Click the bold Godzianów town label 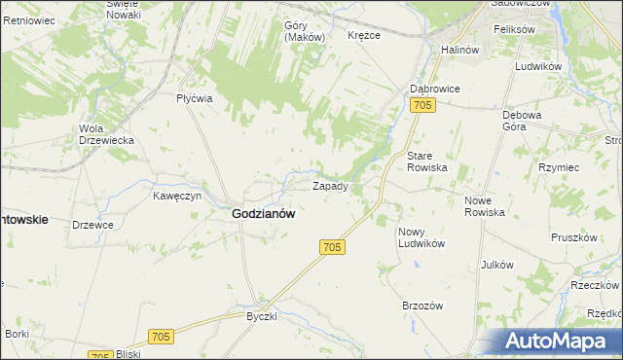[x=264, y=213]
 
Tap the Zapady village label [x=330, y=185]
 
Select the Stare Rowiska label [x=426, y=162]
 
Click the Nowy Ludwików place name [x=421, y=237]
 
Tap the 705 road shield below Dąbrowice [x=421, y=105]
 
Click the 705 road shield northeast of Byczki [x=162, y=336]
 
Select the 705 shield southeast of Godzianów [x=331, y=248]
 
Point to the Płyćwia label [x=195, y=98]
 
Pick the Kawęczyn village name [x=177, y=196]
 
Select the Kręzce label [x=364, y=35]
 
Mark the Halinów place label [x=460, y=50]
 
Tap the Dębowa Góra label [x=522, y=120]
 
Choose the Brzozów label [x=422, y=305]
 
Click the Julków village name [x=496, y=265]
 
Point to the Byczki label [x=262, y=316]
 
